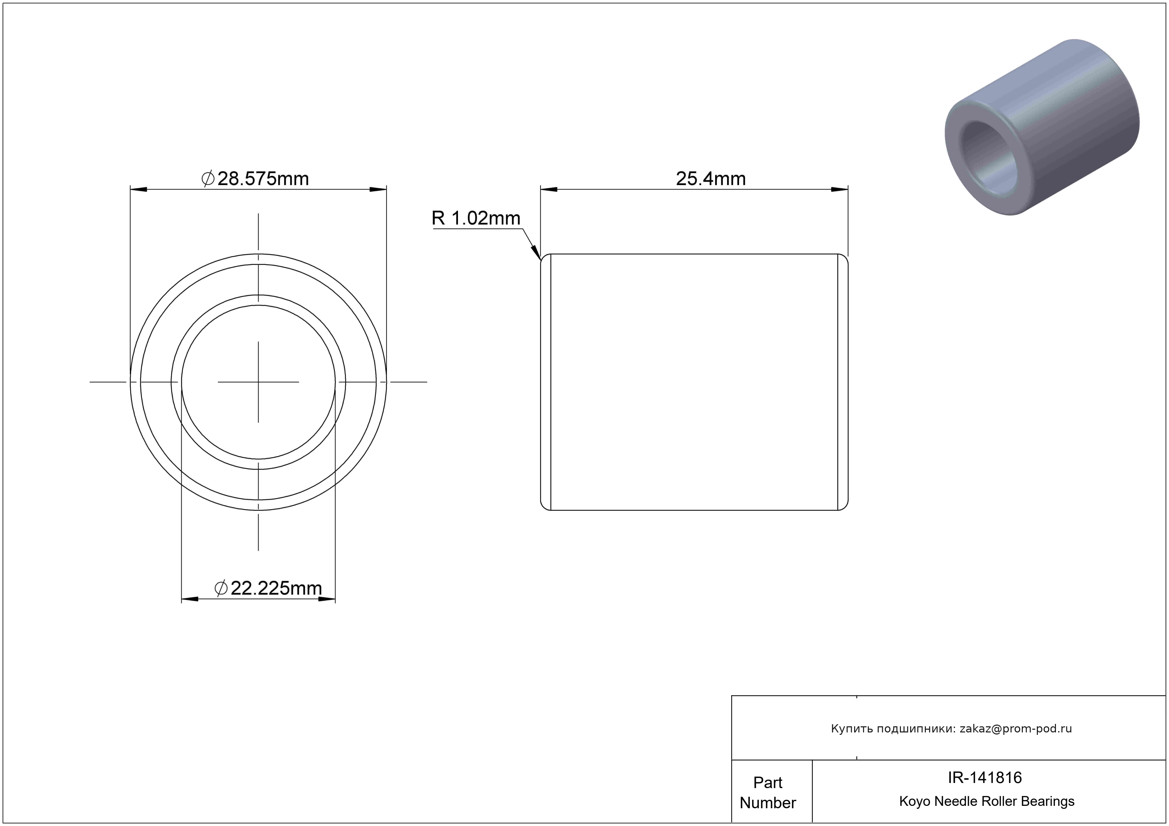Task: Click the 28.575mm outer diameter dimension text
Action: [x=263, y=179]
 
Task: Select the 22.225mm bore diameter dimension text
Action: [x=276, y=588]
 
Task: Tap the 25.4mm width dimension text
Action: [x=711, y=179]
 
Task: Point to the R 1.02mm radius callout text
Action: [x=476, y=218]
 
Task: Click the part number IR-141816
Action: [x=985, y=778]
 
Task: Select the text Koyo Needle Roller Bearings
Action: [x=987, y=801]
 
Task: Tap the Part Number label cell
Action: [x=767, y=793]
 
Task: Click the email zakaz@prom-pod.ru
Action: [x=1016, y=728]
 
